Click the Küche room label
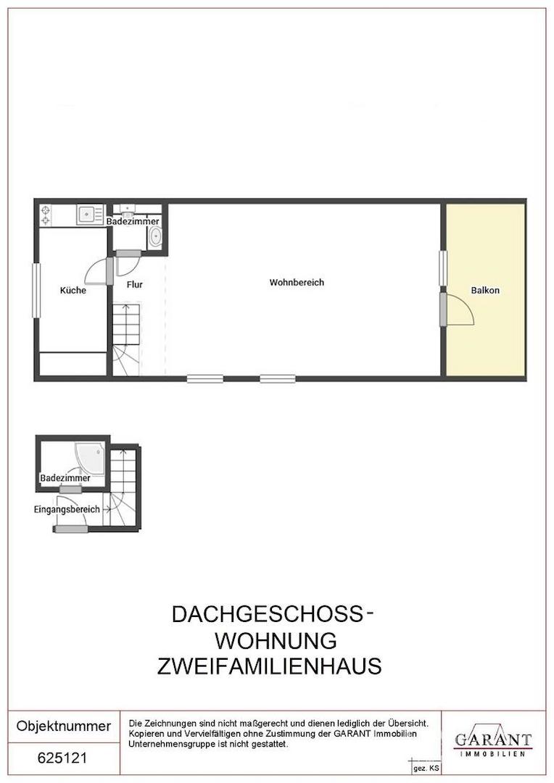pos(73,290)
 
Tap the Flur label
pos(134,285)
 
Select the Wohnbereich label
pos(297,282)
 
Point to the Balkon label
pos(485,290)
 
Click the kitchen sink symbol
pos(89,215)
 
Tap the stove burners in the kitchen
pos(46,215)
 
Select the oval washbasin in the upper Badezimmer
pos(155,236)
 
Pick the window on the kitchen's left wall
pos(35,290)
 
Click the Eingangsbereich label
pos(67,510)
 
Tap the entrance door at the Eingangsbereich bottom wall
pos(71,529)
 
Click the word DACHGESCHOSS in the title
pos(265,614)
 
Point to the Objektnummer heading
pos(64,726)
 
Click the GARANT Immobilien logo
pos(492,741)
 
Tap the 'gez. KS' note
pos(426,767)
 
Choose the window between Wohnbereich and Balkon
pos(442,268)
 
